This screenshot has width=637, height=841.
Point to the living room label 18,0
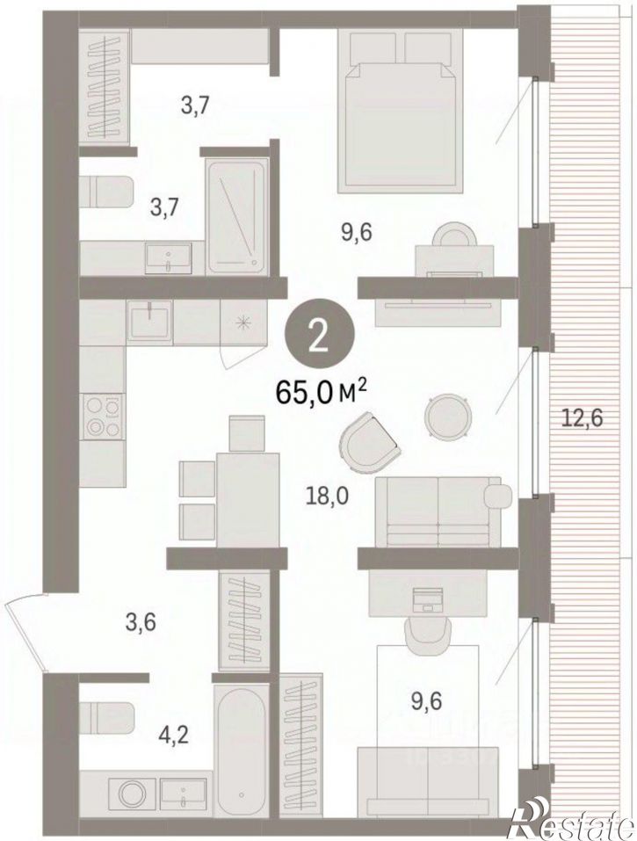(327, 497)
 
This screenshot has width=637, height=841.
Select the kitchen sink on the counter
(149, 319)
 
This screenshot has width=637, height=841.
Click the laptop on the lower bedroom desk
(428, 599)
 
